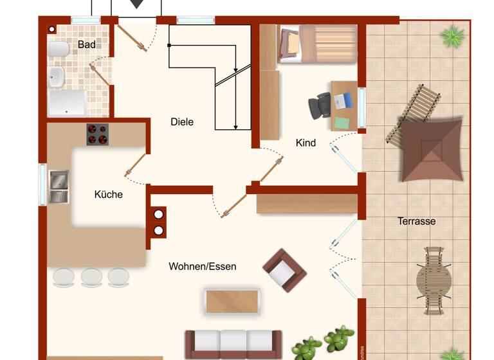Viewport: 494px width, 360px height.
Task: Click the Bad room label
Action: (x=87, y=44)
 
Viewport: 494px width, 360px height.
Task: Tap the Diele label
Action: (x=182, y=122)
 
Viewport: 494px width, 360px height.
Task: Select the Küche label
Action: (x=108, y=194)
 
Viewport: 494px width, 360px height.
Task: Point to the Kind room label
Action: (x=306, y=143)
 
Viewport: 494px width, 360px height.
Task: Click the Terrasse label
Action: (x=416, y=221)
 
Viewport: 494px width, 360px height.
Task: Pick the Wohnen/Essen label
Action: (x=203, y=266)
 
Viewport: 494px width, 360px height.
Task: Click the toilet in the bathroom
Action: (x=59, y=50)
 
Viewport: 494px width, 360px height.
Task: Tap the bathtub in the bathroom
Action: (x=68, y=103)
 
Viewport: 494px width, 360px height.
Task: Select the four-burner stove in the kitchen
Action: (x=98, y=134)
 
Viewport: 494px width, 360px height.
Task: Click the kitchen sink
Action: (x=59, y=186)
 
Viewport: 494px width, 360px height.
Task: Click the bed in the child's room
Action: (x=318, y=44)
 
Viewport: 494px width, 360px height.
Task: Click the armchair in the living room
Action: (x=284, y=270)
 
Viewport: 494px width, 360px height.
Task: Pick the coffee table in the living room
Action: (x=232, y=301)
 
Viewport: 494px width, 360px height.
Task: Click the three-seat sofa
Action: (x=233, y=344)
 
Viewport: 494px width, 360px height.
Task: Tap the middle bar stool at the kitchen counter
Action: (x=91, y=277)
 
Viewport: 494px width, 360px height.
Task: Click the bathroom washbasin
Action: (x=57, y=77)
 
